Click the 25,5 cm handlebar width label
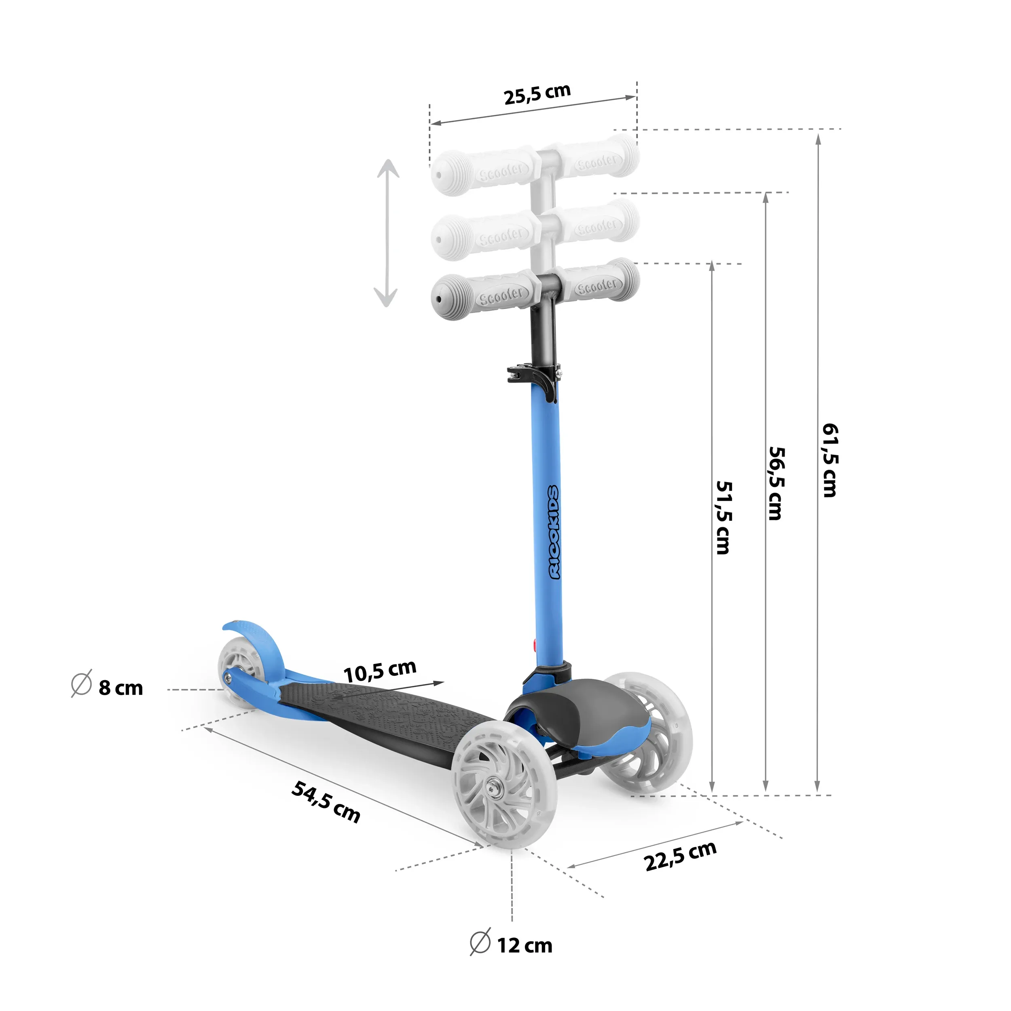point(537,94)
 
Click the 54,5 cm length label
point(326,802)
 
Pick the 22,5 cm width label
point(680,857)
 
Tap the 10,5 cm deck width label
point(380,671)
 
